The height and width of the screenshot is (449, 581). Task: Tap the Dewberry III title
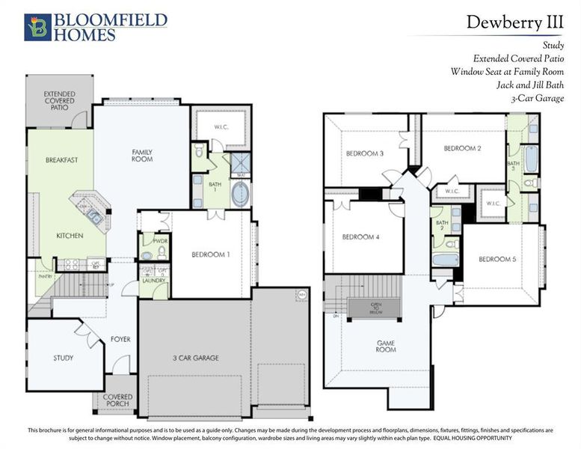click(x=515, y=22)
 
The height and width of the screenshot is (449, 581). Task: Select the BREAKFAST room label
click(x=62, y=160)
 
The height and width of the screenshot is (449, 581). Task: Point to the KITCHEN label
click(x=70, y=236)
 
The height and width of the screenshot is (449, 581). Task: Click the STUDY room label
click(x=64, y=358)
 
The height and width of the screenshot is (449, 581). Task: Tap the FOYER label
click(x=120, y=339)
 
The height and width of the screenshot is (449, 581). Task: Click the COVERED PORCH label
click(x=118, y=400)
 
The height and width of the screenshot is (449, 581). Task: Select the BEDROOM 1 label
click(x=210, y=254)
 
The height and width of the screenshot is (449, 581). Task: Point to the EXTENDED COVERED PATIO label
click(x=59, y=101)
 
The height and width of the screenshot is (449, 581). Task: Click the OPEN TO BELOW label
click(x=377, y=308)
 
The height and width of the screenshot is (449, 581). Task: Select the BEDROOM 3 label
click(x=365, y=154)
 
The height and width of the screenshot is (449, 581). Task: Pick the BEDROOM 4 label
click(x=361, y=237)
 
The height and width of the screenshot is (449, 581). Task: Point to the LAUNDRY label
click(x=153, y=281)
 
